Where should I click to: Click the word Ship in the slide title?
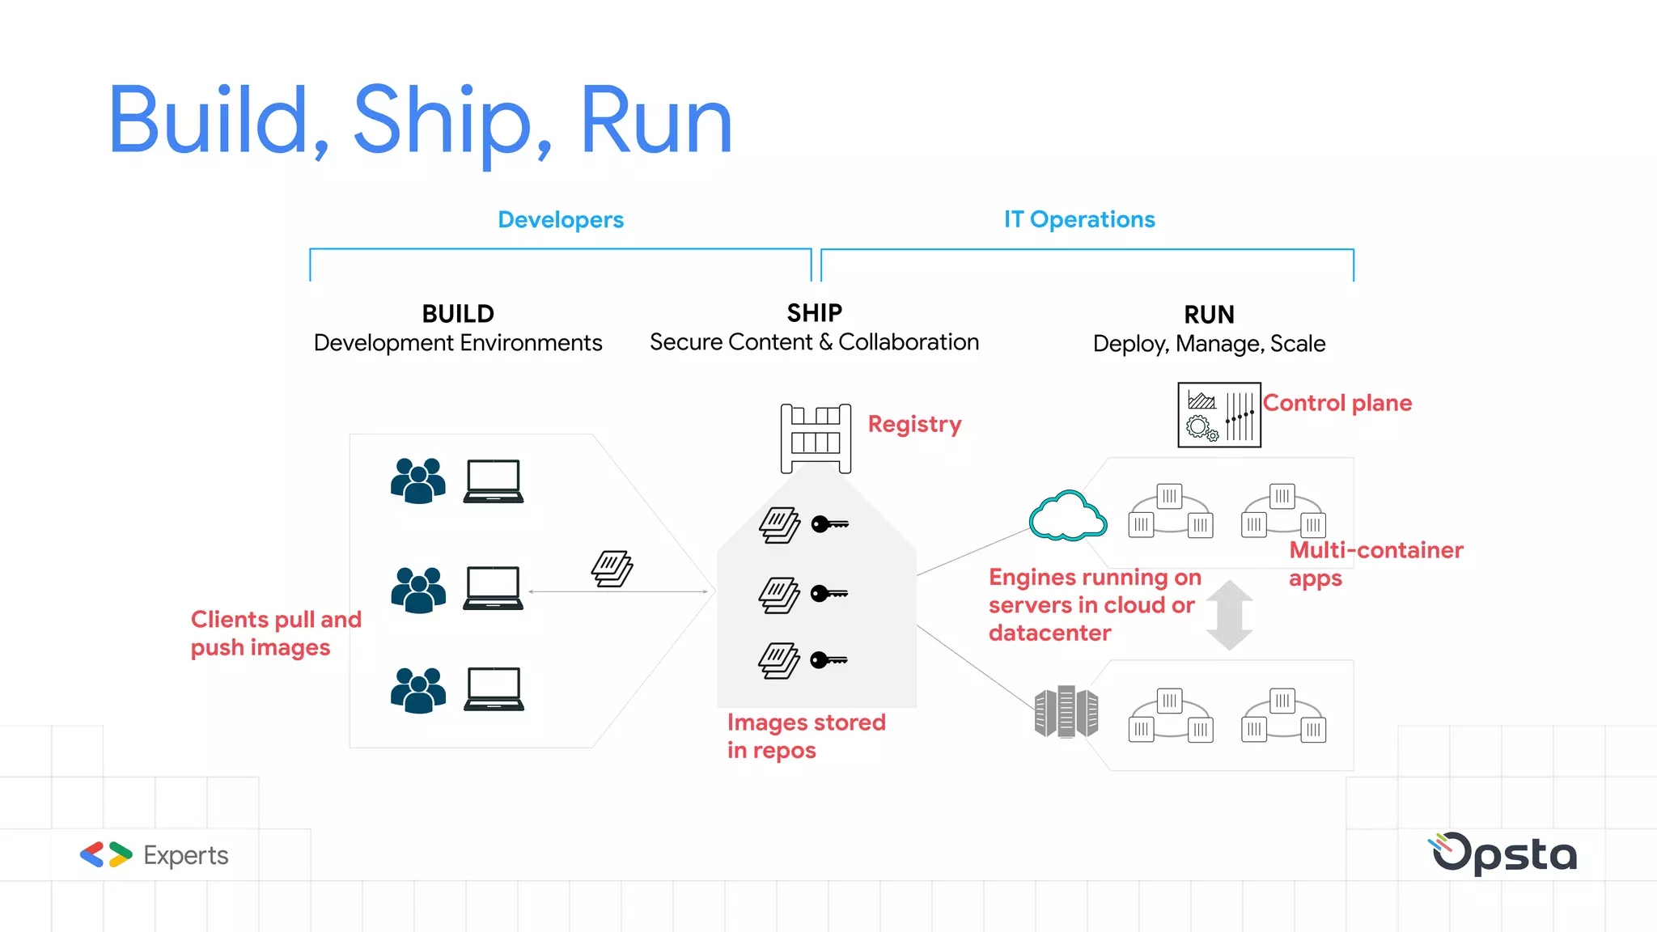(x=442, y=121)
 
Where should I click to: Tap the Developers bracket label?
(x=560, y=219)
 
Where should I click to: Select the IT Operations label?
(x=1079, y=219)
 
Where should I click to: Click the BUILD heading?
(x=458, y=313)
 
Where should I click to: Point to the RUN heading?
(x=1209, y=314)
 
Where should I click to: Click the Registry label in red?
(x=914, y=424)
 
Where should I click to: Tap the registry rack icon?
(x=816, y=438)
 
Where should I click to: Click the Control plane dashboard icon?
(x=1218, y=415)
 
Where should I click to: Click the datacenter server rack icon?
(x=1066, y=712)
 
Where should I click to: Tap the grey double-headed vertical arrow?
(x=1229, y=615)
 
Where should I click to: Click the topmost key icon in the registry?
(x=829, y=524)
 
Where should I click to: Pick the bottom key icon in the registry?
(x=828, y=660)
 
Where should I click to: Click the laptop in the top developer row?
(x=494, y=481)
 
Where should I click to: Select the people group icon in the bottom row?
(x=417, y=690)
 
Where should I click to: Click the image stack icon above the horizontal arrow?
(x=612, y=568)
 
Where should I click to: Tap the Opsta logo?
(x=1503, y=854)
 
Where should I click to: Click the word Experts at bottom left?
(x=185, y=855)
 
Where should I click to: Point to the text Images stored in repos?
(x=805, y=735)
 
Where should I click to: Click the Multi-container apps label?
(x=1375, y=564)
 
